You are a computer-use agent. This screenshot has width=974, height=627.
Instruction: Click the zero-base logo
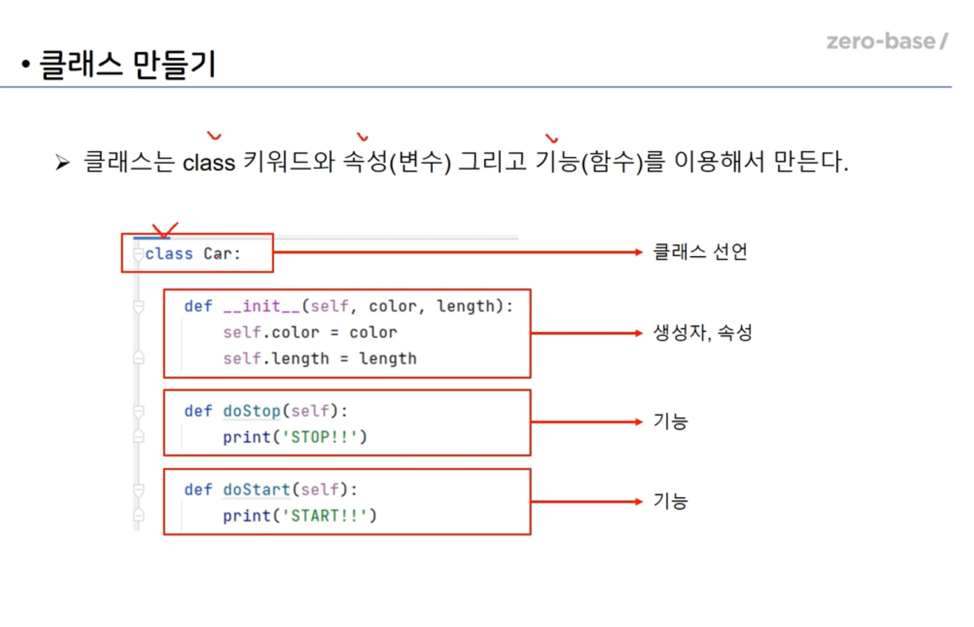[886, 41]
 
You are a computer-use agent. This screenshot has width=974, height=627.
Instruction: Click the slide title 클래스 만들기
[128, 64]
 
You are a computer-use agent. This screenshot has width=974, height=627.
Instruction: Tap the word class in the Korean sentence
[209, 163]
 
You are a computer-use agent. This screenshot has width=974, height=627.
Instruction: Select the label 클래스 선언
[700, 252]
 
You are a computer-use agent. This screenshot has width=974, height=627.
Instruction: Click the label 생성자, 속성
[702, 332]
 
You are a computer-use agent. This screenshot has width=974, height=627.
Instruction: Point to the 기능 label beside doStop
[670, 421]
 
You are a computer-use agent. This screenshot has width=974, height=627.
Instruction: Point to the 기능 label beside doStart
[670, 501]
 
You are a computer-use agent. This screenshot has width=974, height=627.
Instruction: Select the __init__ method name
[261, 306]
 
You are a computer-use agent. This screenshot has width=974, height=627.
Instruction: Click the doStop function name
[252, 411]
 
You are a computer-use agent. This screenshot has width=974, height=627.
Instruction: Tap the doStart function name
[257, 490]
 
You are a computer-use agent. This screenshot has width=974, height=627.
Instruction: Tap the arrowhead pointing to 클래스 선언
[638, 252]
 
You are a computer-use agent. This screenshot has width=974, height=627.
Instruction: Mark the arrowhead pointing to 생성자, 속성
[638, 333]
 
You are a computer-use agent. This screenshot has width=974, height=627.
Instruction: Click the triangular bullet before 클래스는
[62, 163]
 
